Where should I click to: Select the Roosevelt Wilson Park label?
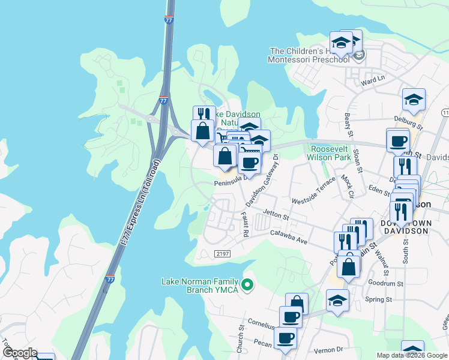click(x=330, y=153)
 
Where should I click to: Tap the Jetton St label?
click(x=277, y=214)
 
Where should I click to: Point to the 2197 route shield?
click(x=222, y=254)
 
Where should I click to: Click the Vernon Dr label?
click(x=331, y=349)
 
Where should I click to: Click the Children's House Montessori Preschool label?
click(x=309, y=55)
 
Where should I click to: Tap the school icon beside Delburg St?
click(x=414, y=100)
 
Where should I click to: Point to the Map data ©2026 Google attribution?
click(x=411, y=355)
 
